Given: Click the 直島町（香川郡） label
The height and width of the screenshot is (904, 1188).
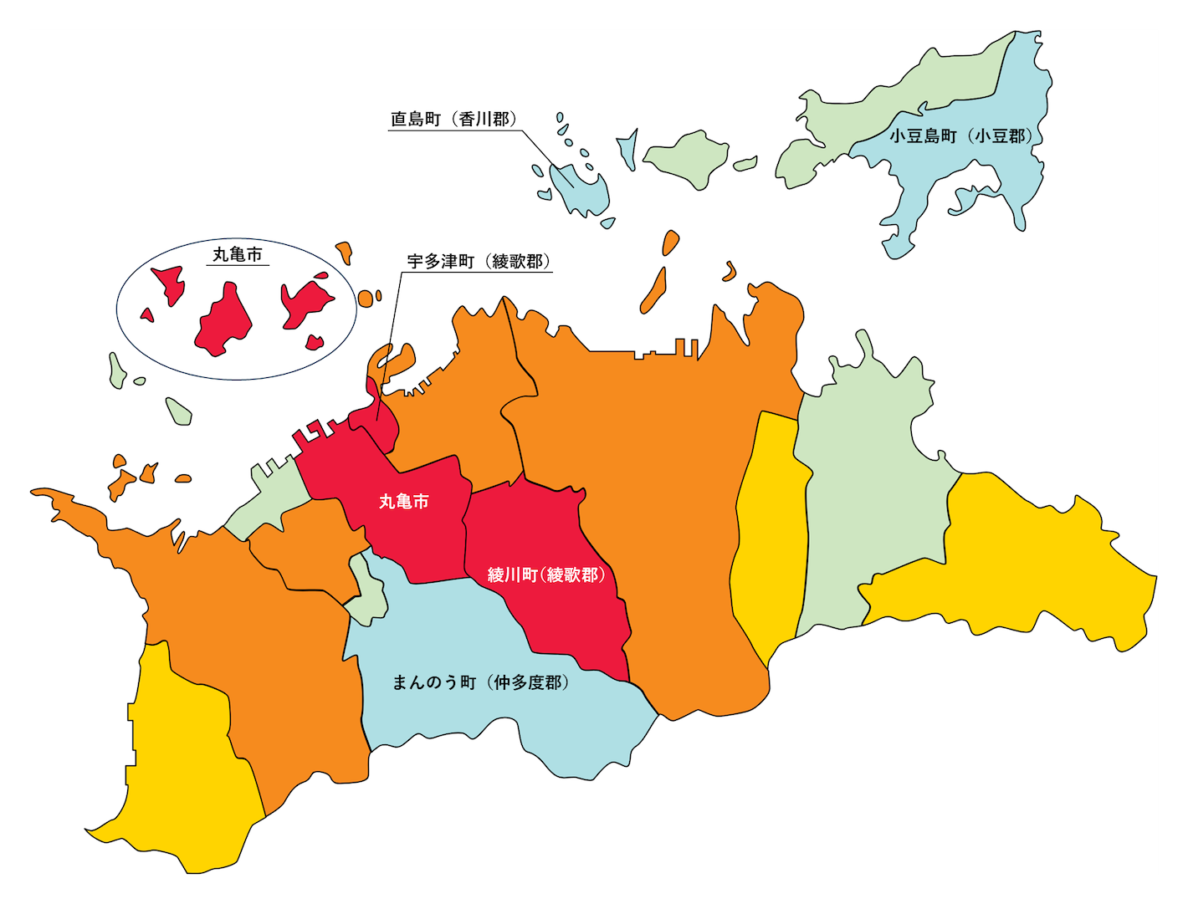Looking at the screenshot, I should [x=453, y=120].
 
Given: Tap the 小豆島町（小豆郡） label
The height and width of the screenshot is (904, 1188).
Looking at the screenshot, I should [x=960, y=136].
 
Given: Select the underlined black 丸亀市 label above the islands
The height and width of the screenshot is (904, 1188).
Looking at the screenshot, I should [x=238, y=254].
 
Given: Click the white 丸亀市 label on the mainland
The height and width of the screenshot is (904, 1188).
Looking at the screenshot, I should [x=404, y=501].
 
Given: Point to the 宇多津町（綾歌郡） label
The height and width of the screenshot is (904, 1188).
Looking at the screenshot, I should [x=479, y=262].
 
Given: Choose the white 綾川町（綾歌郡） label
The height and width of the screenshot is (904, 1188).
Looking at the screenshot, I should [x=546, y=575].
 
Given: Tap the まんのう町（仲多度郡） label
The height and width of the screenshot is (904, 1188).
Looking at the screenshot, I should [x=481, y=682].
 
